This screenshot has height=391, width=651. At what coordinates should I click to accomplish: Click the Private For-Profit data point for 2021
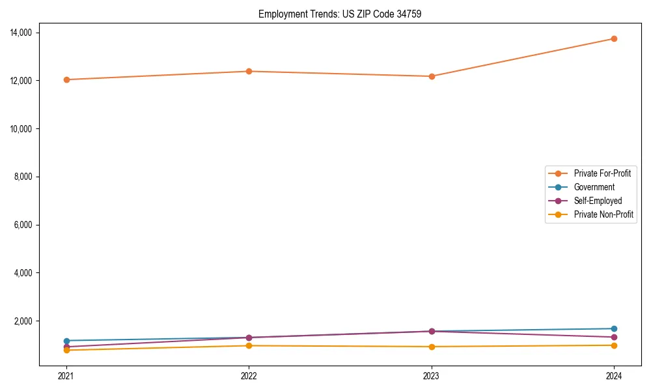pyautogui.click(x=66, y=80)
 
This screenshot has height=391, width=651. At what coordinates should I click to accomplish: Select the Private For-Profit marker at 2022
pyautogui.click(x=249, y=71)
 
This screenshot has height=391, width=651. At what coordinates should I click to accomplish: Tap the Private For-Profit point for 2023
pyautogui.click(x=432, y=76)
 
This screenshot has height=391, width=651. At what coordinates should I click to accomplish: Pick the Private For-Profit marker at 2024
pyautogui.click(x=614, y=38)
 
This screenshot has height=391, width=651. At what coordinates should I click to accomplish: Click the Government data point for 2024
pyautogui.click(x=614, y=328)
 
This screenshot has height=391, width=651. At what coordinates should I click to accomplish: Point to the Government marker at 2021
pyautogui.click(x=66, y=341)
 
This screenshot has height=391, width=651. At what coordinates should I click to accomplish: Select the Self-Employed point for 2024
pyautogui.click(x=614, y=337)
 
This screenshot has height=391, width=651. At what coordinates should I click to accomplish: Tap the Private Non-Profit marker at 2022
pyautogui.click(x=249, y=345)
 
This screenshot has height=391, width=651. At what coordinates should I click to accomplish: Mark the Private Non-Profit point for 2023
pyautogui.click(x=432, y=347)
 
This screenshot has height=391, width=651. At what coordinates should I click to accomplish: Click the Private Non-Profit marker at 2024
pyautogui.click(x=614, y=345)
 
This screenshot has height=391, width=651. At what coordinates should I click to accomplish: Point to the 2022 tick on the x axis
pyautogui.click(x=249, y=376)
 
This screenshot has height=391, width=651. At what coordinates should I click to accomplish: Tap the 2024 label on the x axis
pyautogui.click(x=614, y=376)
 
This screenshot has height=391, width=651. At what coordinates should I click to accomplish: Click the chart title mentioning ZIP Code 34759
pyautogui.click(x=340, y=14)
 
